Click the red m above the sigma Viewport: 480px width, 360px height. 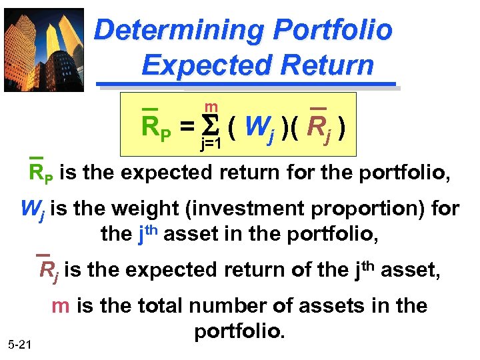pos(211,107)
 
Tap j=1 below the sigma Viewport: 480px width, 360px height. pos(211,142)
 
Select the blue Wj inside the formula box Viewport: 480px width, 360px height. pos(258,127)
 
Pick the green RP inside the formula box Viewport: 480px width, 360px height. pos(156,126)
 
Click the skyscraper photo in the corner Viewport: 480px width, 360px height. pos(44,49)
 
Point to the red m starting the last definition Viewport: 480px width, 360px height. pos(61,305)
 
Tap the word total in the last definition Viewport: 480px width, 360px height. pos(161,305)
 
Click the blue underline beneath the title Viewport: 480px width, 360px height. pos(247,84)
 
